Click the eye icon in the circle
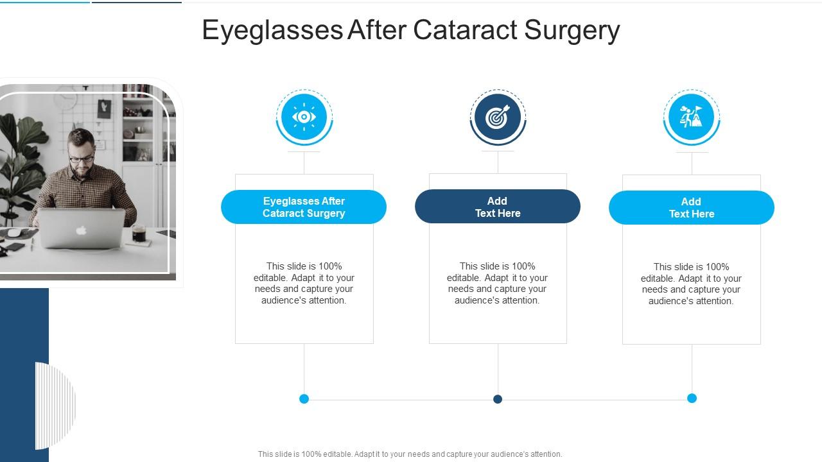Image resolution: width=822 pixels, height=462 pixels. point(304,117)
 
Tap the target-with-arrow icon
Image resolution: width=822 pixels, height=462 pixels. point(498,117)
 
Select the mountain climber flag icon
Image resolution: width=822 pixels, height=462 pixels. point(692,117)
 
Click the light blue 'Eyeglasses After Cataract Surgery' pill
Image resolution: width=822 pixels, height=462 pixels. point(304,207)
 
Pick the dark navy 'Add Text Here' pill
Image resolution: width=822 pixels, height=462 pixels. point(498,207)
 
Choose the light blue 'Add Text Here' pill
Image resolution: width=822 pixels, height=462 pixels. point(692,207)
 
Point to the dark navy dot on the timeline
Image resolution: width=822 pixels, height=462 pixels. point(498,399)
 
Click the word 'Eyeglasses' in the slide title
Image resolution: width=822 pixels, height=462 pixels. point(272,30)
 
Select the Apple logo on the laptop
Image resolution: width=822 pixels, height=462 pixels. point(81,229)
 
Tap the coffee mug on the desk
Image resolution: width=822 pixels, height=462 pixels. point(139,234)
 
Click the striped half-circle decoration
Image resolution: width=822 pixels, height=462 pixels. point(55,405)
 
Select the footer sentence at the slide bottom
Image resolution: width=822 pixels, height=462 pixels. point(410,454)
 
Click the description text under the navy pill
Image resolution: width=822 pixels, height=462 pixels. point(498,283)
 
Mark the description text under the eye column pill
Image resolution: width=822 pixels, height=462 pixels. point(304,283)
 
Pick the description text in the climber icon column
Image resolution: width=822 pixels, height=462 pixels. point(692,284)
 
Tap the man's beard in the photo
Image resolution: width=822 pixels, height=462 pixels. point(82,171)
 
